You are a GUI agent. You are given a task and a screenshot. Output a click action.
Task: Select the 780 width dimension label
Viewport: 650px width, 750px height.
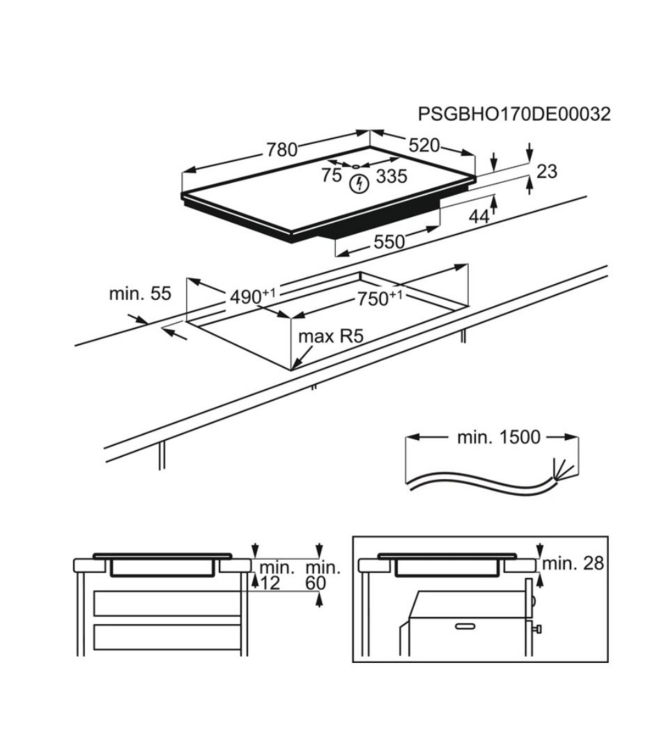(281, 150)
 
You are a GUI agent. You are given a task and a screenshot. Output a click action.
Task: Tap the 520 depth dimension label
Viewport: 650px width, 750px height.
(424, 146)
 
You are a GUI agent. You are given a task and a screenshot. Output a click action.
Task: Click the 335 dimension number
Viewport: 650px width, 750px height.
(391, 177)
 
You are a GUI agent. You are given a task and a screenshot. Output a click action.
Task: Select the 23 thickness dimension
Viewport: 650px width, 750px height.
(546, 172)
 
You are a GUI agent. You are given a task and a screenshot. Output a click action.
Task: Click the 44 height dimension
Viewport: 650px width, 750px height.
(479, 217)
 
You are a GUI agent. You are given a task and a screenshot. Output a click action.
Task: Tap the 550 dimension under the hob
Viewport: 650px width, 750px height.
(389, 241)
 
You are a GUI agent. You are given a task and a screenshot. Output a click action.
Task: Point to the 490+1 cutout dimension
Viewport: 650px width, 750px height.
(253, 296)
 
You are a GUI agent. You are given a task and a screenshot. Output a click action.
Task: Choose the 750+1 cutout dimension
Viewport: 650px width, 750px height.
(380, 296)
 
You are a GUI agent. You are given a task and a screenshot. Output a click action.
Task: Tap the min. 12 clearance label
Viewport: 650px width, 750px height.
(271, 576)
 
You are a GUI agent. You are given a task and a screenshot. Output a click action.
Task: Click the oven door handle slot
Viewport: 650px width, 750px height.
(466, 625)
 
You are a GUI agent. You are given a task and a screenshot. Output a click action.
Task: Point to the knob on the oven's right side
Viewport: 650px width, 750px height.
(539, 629)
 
